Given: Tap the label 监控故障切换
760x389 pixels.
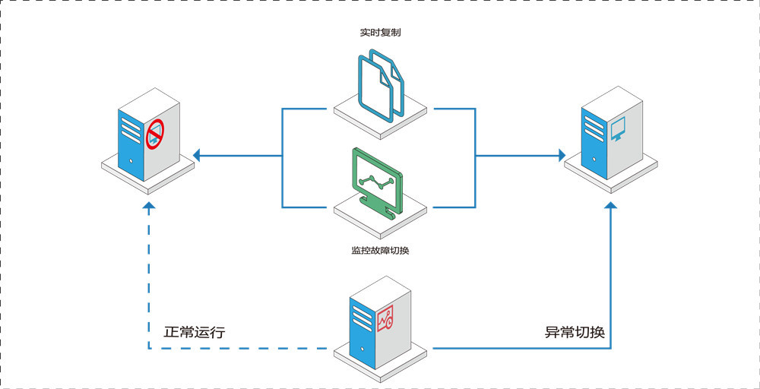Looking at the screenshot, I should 381,250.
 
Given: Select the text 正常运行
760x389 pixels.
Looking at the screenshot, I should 195,333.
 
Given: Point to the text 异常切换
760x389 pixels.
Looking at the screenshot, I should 575,333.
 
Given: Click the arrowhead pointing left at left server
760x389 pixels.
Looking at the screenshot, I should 197,156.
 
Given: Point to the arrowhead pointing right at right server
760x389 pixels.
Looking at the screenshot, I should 562,156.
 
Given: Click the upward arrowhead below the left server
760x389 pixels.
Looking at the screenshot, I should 149,207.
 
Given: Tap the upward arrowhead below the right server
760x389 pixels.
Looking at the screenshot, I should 612,207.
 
